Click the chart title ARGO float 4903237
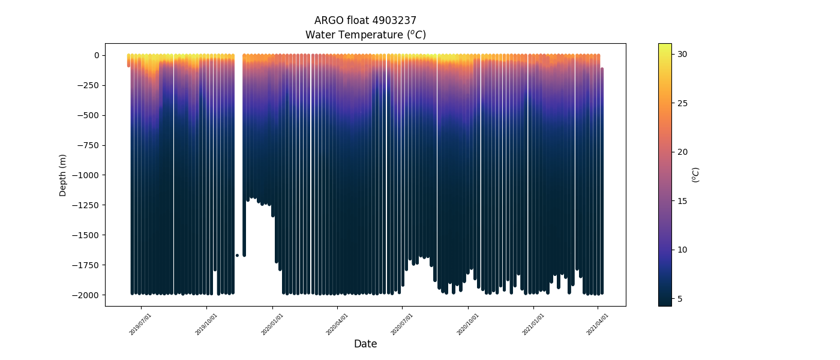click(x=365, y=20)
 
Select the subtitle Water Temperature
click(x=365, y=35)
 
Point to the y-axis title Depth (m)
click(x=63, y=175)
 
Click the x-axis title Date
click(x=365, y=344)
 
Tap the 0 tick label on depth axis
click(x=97, y=55)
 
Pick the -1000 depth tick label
click(x=88, y=175)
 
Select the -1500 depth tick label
click(x=88, y=235)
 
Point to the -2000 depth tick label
click(x=88, y=295)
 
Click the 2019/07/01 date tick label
click(x=140, y=324)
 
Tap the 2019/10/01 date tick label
click(x=206, y=324)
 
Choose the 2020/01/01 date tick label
click(x=272, y=324)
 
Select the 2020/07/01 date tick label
click(x=402, y=324)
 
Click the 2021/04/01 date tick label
click(x=598, y=324)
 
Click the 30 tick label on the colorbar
click(x=682, y=54)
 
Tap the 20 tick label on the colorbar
click(x=682, y=152)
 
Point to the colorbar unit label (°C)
click(x=696, y=175)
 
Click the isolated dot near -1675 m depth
click(x=237, y=256)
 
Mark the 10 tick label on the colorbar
click(x=682, y=250)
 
